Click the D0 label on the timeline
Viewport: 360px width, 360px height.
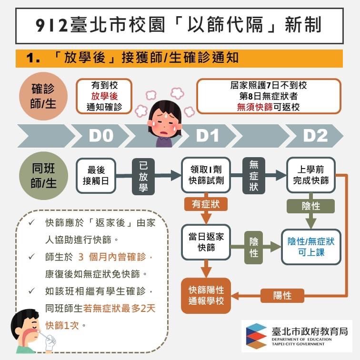point(101,136)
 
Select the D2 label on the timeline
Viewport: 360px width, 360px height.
point(315,136)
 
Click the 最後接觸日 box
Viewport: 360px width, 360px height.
point(96,175)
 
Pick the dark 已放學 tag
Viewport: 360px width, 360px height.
point(144,177)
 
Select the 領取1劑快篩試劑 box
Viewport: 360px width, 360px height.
point(206,175)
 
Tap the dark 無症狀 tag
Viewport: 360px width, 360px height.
point(254,175)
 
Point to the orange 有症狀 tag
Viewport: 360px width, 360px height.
point(206,204)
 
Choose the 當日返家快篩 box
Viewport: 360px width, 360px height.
point(206,242)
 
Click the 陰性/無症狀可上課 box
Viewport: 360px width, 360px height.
point(311,247)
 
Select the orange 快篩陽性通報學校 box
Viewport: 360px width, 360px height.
point(206,295)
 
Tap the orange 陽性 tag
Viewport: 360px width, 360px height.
point(282,295)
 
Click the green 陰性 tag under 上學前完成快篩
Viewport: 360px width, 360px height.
point(311,206)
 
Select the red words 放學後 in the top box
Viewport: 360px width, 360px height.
point(104,96)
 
